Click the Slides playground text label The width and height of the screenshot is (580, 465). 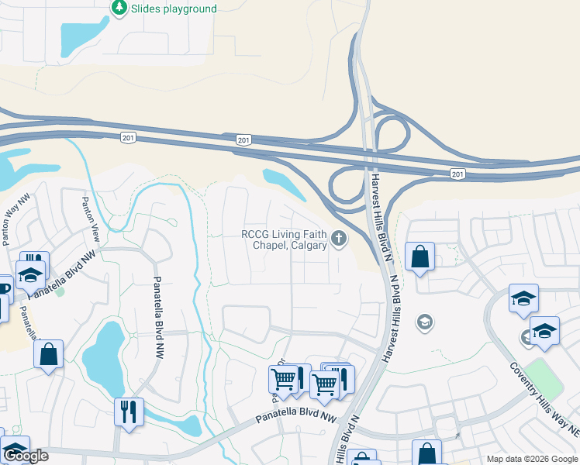click(x=174, y=9)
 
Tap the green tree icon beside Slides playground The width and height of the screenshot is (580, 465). click(x=119, y=8)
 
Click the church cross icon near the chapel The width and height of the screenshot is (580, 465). click(x=338, y=238)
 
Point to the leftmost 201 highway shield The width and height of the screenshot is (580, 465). click(x=128, y=137)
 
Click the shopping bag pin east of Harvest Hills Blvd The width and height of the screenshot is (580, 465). click(x=419, y=257)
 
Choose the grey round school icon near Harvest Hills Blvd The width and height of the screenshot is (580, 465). click(x=424, y=321)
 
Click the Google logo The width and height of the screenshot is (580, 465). click(x=26, y=456)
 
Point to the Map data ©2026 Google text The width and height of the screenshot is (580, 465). click(x=533, y=459)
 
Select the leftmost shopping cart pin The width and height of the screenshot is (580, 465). click(x=283, y=379)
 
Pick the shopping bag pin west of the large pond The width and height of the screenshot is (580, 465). click(x=48, y=354)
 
